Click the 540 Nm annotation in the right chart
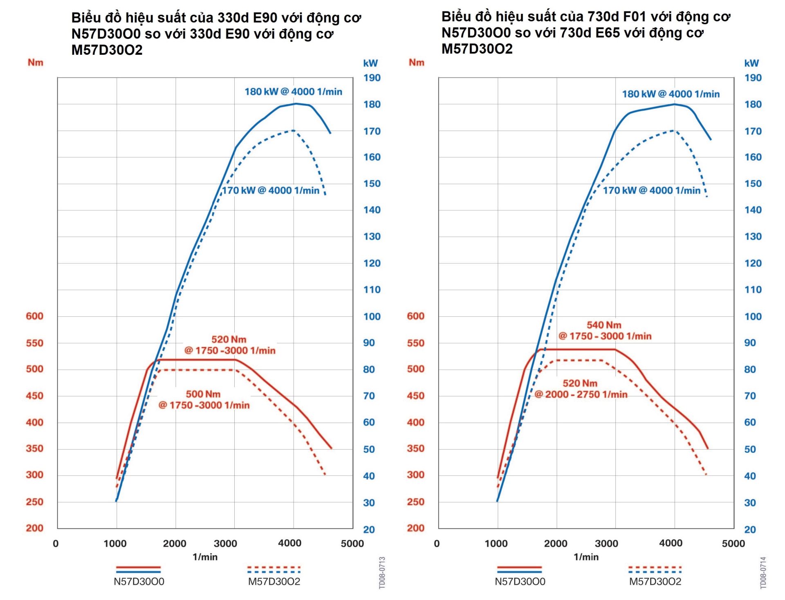coord(604,325)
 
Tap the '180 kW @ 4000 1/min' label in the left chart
coord(293,92)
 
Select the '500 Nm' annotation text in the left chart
coord(203,394)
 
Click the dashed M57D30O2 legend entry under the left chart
coord(274,574)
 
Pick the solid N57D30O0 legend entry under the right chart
coord(520,574)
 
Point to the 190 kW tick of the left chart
coord(372,78)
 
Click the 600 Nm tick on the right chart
coord(415,316)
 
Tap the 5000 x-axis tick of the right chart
coord(733,544)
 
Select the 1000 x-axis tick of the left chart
coord(115,544)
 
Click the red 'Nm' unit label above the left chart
coord(36,63)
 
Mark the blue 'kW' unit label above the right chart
coord(751,63)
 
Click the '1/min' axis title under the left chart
coord(205,557)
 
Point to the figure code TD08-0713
coord(382,573)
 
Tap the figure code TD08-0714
coord(763,573)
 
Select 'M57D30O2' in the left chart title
coord(107,50)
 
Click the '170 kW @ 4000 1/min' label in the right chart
coord(652,190)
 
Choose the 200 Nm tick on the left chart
coord(35,528)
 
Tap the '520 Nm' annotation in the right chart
coord(580,383)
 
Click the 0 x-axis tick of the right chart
coord(437,544)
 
